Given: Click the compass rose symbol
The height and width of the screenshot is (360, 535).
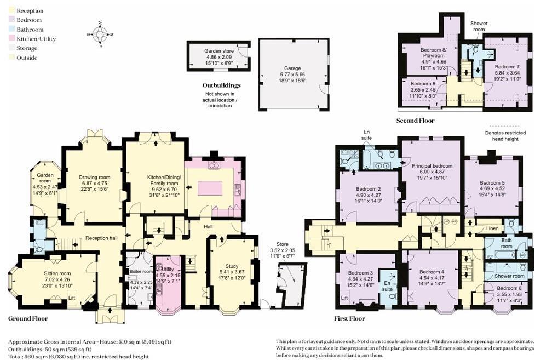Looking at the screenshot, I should tap(99, 34).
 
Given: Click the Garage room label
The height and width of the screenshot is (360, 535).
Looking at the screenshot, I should tap(294, 69).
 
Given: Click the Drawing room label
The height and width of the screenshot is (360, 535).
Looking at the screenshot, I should tap(94, 177).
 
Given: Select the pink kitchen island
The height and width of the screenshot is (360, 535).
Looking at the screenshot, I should tap(210, 187).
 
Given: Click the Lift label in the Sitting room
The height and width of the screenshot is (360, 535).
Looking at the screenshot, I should tap(71, 298).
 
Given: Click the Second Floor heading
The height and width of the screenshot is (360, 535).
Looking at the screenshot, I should tap(415, 121).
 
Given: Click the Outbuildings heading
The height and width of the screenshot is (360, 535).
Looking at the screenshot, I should tap(221, 85).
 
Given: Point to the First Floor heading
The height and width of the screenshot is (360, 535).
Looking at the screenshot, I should tap(349, 318).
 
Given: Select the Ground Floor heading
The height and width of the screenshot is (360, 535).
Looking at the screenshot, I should tap(28, 318).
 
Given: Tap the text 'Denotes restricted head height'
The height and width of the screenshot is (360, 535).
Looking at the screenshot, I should tap(505, 135).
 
